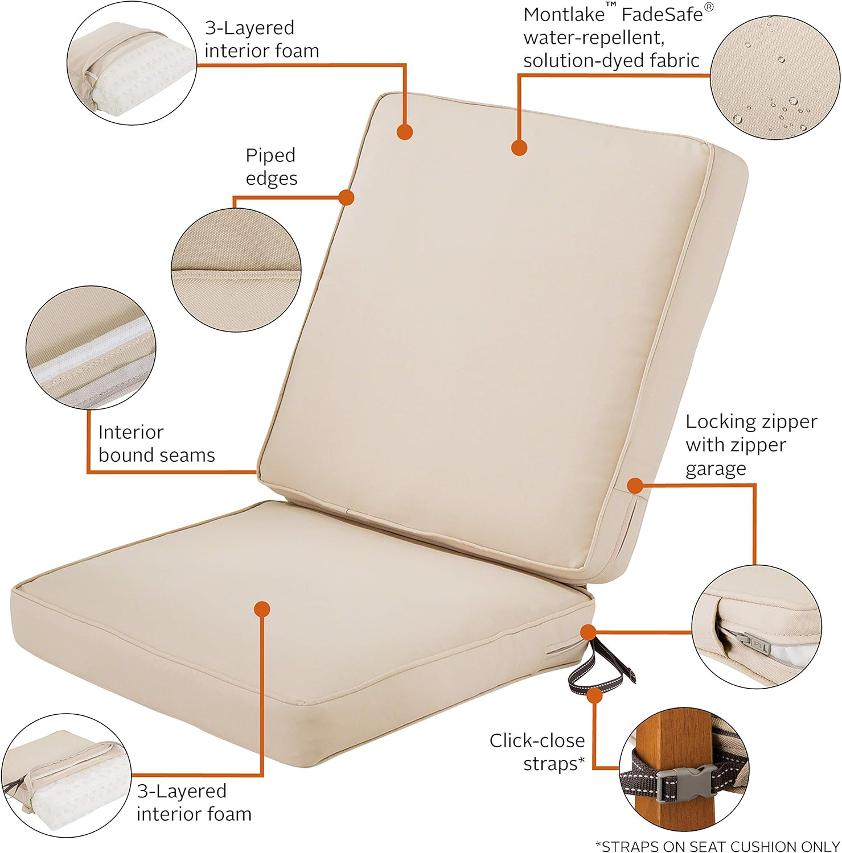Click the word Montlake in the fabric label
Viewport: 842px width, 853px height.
coord(564,14)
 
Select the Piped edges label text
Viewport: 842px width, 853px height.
coord(271,167)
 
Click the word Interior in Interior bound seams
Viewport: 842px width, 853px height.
coord(131,432)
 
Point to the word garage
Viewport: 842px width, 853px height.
coord(715,469)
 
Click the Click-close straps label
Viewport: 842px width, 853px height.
coord(537,752)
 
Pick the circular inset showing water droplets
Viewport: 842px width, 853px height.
coord(774,76)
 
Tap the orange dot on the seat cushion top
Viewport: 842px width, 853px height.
coord(262,609)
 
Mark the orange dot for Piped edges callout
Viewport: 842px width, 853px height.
coord(346,197)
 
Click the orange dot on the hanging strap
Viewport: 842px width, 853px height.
coord(595,695)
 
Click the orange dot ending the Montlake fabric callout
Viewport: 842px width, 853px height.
coord(519,148)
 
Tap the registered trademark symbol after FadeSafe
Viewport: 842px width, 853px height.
coord(709,7)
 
